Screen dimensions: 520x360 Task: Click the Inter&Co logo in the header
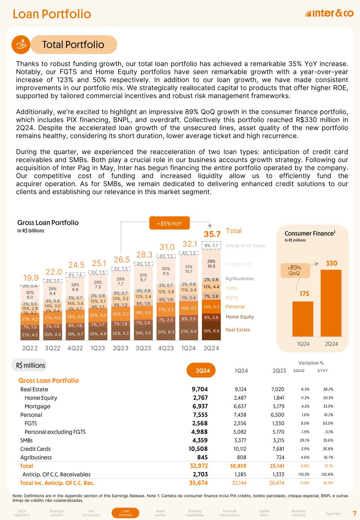click(329, 14)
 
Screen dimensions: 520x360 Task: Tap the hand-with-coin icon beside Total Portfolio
click(22, 45)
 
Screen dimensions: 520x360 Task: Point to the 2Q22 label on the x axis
click(30, 348)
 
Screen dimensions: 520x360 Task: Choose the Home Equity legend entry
click(240, 317)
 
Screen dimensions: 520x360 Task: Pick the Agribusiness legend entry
click(240, 278)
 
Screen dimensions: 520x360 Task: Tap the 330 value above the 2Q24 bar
click(331, 263)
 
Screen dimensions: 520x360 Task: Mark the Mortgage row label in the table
click(37, 406)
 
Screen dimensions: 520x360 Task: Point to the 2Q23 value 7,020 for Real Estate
click(277, 389)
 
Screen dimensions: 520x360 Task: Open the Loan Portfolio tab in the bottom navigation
click(126, 513)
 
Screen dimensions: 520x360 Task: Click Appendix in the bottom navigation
click(333, 514)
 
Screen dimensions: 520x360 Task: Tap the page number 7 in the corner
click(354, 513)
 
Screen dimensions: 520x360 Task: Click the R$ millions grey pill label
click(31, 365)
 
